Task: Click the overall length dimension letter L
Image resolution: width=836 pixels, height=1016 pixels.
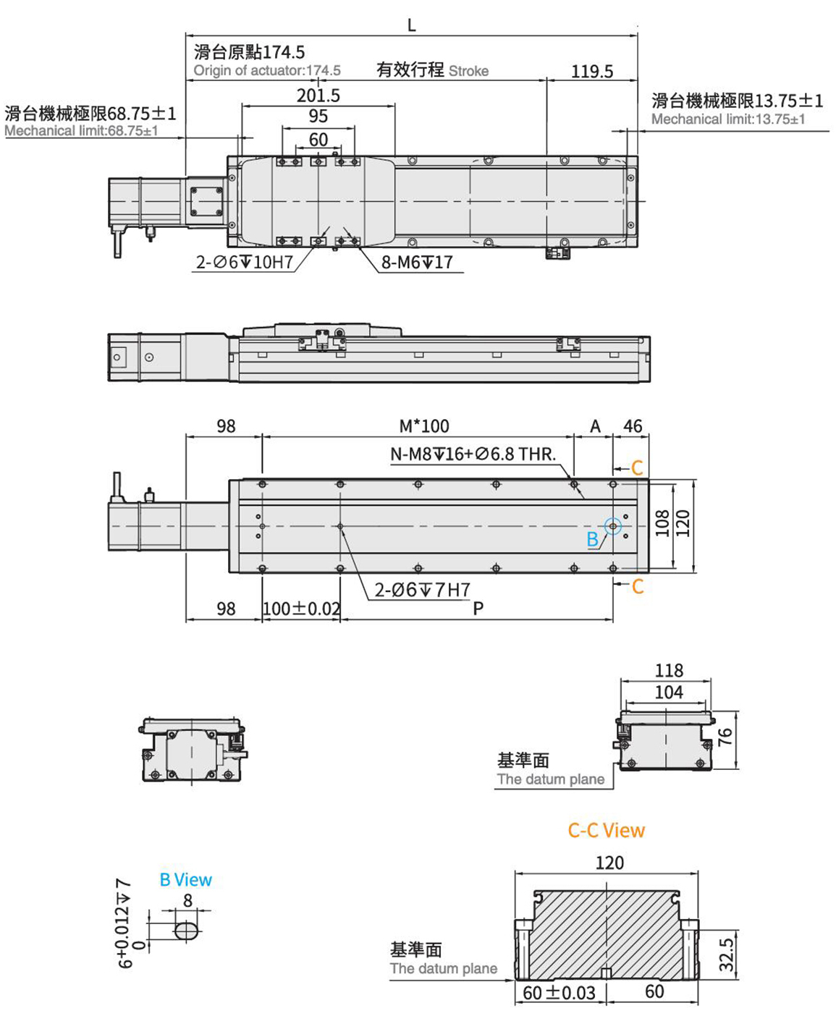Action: (x=411, y=25)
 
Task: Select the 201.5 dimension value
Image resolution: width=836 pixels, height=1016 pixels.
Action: (x=318, y=96)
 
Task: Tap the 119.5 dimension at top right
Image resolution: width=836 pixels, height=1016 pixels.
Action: (x=591, y=71)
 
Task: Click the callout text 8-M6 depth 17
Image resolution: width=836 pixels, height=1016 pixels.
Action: (x=417, y=262)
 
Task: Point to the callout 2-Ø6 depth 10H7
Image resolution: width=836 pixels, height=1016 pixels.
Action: (x=244, y=262)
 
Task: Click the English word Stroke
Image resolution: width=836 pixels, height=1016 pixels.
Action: (x=468, y=71)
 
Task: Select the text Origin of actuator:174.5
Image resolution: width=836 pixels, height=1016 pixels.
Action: (x=267, y=70)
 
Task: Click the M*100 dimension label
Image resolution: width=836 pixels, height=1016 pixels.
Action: (x=424, y=426)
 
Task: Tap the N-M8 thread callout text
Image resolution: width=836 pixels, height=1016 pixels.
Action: (x=473, y=454)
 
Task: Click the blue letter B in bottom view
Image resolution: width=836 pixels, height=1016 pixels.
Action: (x=592, y=539)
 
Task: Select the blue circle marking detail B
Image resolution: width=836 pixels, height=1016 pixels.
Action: (x=613, y=527)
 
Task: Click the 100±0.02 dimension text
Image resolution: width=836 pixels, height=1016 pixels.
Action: (x=301, y=609)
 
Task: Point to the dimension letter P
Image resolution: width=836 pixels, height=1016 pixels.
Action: (x=478, y=609)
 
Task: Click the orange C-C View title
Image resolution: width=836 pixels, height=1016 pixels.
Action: (x=606, y=830)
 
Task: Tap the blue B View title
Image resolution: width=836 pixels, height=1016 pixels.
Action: (x=185, y=880)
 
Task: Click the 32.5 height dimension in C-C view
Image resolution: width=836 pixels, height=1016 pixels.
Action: (x=727, y=954)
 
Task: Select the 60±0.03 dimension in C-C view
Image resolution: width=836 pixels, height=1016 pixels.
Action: (x=559, y=992)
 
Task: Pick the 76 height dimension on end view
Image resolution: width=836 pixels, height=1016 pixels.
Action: (x=725, y=737)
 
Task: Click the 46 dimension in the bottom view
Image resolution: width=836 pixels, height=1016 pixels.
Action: (x=632, y=426)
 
